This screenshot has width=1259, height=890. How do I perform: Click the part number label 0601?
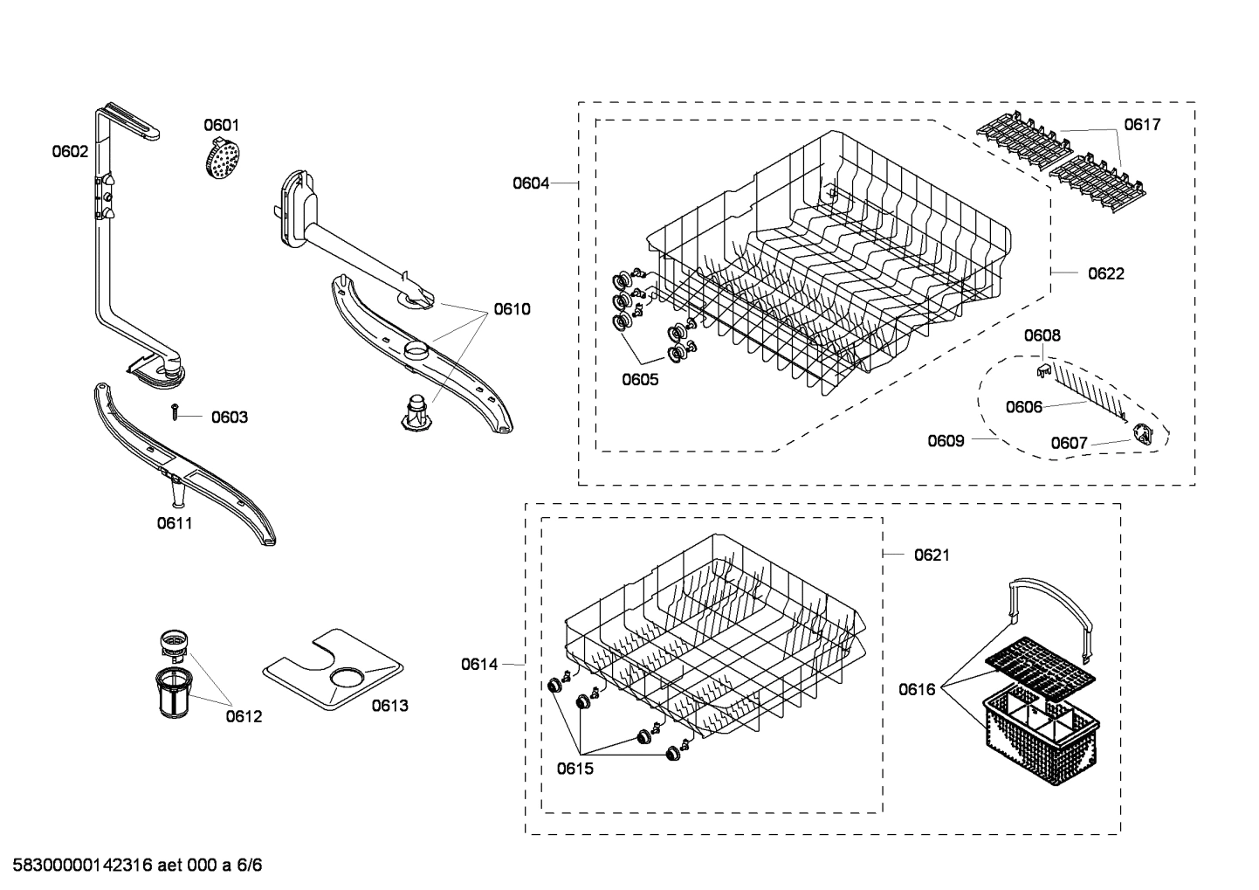click(221, 125)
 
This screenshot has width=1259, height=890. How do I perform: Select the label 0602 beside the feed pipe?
click(70, 151)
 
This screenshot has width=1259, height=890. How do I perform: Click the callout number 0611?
click(175, 523)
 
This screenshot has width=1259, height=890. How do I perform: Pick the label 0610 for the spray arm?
click(512, 308)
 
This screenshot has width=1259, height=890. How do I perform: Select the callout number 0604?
click(531, 183)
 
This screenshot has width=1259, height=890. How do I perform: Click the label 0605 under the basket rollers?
click(640, 379)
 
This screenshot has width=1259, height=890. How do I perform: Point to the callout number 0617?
click(1142, 124)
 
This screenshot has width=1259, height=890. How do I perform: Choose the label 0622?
click(1106, 273)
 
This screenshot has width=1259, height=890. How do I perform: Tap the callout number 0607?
click(1069, 443)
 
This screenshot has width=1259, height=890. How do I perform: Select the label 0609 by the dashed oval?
click(946, 440)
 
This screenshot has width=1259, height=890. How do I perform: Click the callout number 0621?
click(932, 555)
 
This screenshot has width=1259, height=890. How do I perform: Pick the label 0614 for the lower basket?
click(479, 665)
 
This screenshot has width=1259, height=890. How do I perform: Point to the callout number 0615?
click(575, 769)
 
